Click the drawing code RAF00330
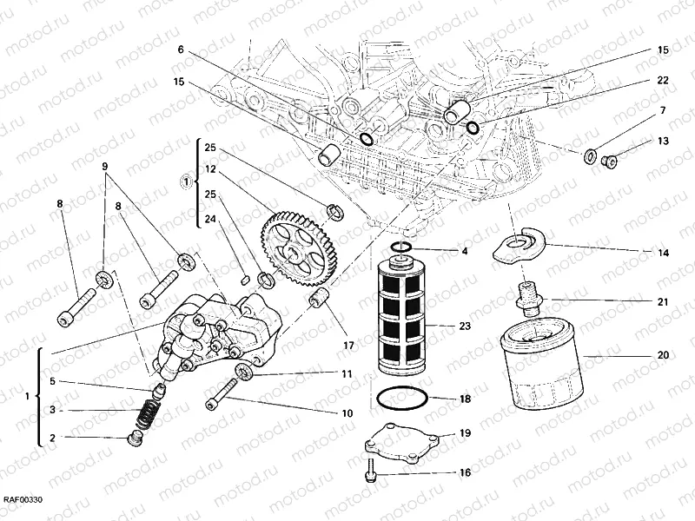[x=23, y=500]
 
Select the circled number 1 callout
[x=185, y=182]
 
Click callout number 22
[x=662, y=80]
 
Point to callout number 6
[x=181, y=50]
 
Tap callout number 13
[x=662, y=141]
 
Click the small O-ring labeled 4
[x=401, y=250]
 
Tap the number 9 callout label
[x=105, y=166]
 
